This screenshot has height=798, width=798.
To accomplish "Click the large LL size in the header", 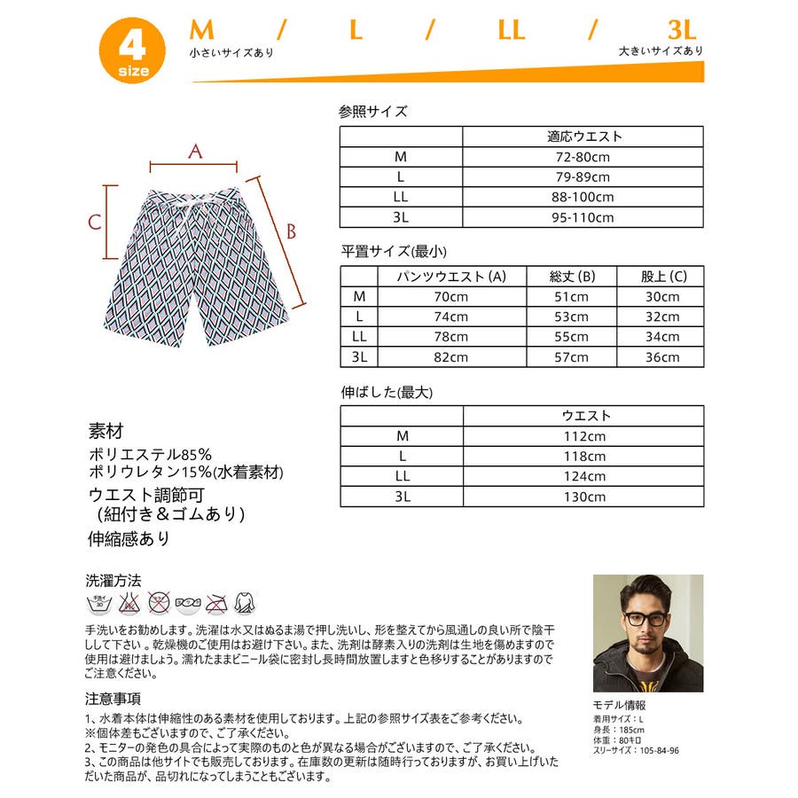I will point(511,29).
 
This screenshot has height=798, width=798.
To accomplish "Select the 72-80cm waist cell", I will point(583,157).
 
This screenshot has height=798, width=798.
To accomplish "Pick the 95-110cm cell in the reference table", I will point(583,217).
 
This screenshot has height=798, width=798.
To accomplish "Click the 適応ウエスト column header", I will point(583,137).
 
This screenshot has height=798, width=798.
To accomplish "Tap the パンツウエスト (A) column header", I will point(452,276).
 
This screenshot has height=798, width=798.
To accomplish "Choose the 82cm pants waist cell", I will point(452,357).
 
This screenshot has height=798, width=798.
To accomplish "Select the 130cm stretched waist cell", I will point(583,497).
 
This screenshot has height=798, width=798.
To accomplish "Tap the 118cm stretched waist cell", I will point(583,456).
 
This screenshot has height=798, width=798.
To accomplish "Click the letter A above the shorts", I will point(195,152).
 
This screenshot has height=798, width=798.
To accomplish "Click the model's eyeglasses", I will point(645,618).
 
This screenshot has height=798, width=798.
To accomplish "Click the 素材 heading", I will point(106,432).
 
